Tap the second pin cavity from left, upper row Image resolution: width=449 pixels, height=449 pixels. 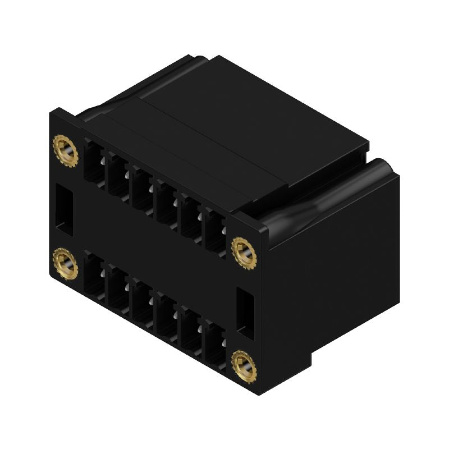click(117, 174)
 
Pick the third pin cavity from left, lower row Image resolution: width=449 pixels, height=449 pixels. click(141, 301)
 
